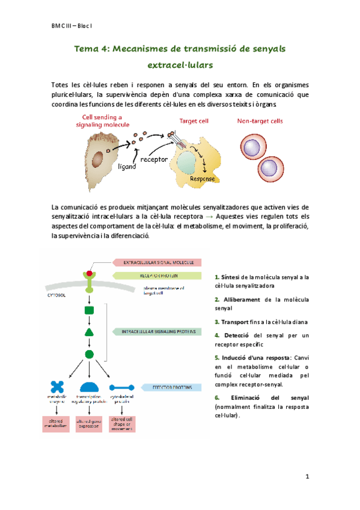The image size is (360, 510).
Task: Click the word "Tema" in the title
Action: click(x=87, y=48)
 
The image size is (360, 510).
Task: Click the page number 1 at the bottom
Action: click(x=307, y=477)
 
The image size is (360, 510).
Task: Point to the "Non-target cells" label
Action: click(x=260, y=121)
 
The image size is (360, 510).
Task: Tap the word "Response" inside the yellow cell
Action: click(x=203, y=179)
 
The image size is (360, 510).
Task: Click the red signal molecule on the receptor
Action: click(x=90, y=274)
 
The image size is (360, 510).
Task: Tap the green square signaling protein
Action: click(x=90, y=310)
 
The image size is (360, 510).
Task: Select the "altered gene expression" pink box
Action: click(x=90, y=425)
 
